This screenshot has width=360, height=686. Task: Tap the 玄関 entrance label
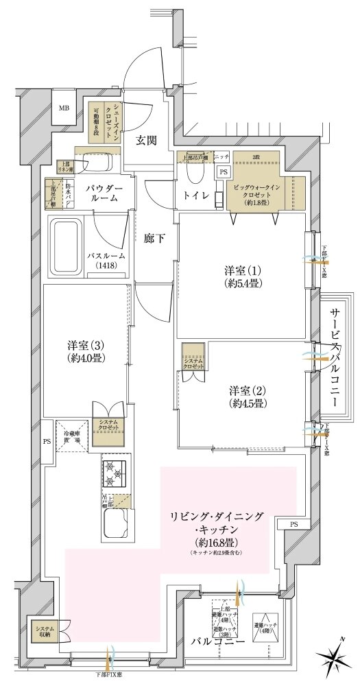point(146,141)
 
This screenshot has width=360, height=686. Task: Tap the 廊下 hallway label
point(153,239)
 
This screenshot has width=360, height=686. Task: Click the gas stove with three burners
point(115,473)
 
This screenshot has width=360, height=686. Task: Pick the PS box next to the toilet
point(223,171)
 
